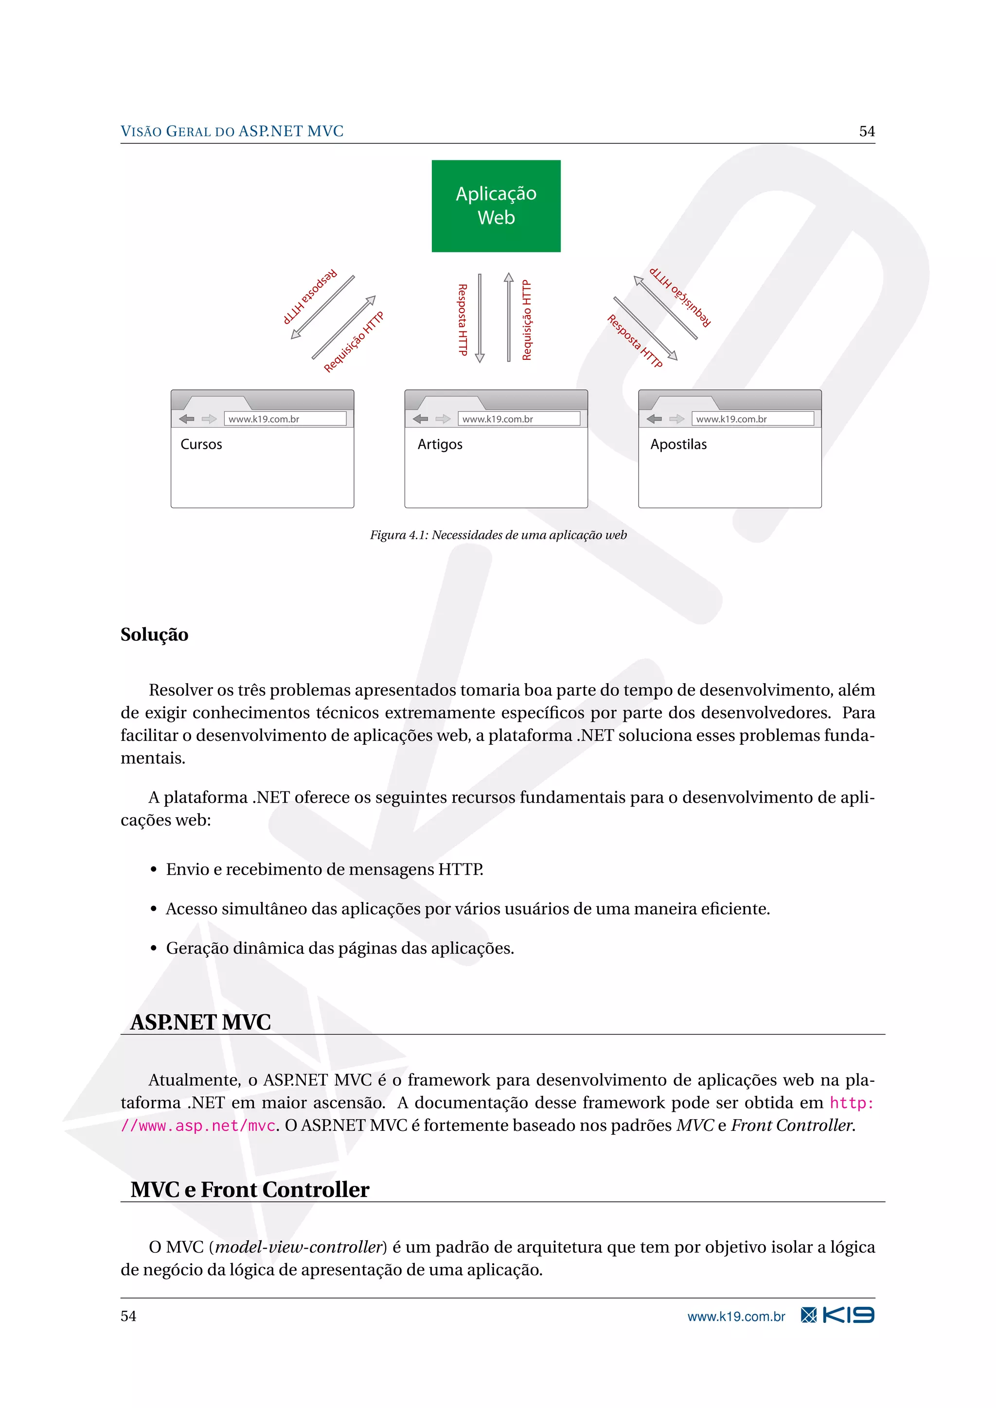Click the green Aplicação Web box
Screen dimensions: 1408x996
pyautogui.click(x=496, y=206)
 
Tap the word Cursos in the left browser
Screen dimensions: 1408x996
pyautogui.click(x=201, y=444)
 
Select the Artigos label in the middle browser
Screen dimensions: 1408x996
pyautogui.click(x=440, y=444)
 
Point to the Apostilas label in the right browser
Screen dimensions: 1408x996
pyautogui.click(x=678, y=444)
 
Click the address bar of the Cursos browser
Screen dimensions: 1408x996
pyautogui.click(x=285, y=419)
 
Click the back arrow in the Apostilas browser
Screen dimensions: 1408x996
pyautogui.click(x=655, y=419)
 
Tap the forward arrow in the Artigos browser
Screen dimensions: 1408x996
pyautogui.click(x=443, y=419)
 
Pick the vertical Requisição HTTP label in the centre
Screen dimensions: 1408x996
pyautogui.click(x=527, y=320)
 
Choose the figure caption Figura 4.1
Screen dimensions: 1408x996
pyautogui.click(x=498, y=535)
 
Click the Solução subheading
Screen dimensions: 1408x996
pyautogui.click(x=154, y=634)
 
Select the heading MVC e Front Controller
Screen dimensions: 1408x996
pyautogui.click(x=249, y=1190)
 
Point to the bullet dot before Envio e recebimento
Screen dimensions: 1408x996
pyautogui.click(x=154, y=870)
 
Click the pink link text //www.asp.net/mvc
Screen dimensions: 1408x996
pyautogui.click(x=198, y=1126)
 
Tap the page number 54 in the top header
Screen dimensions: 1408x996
pyautogui.click(x=866, y=131)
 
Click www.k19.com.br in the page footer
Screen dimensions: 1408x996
pyautogui.click(x=735, y=1317)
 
